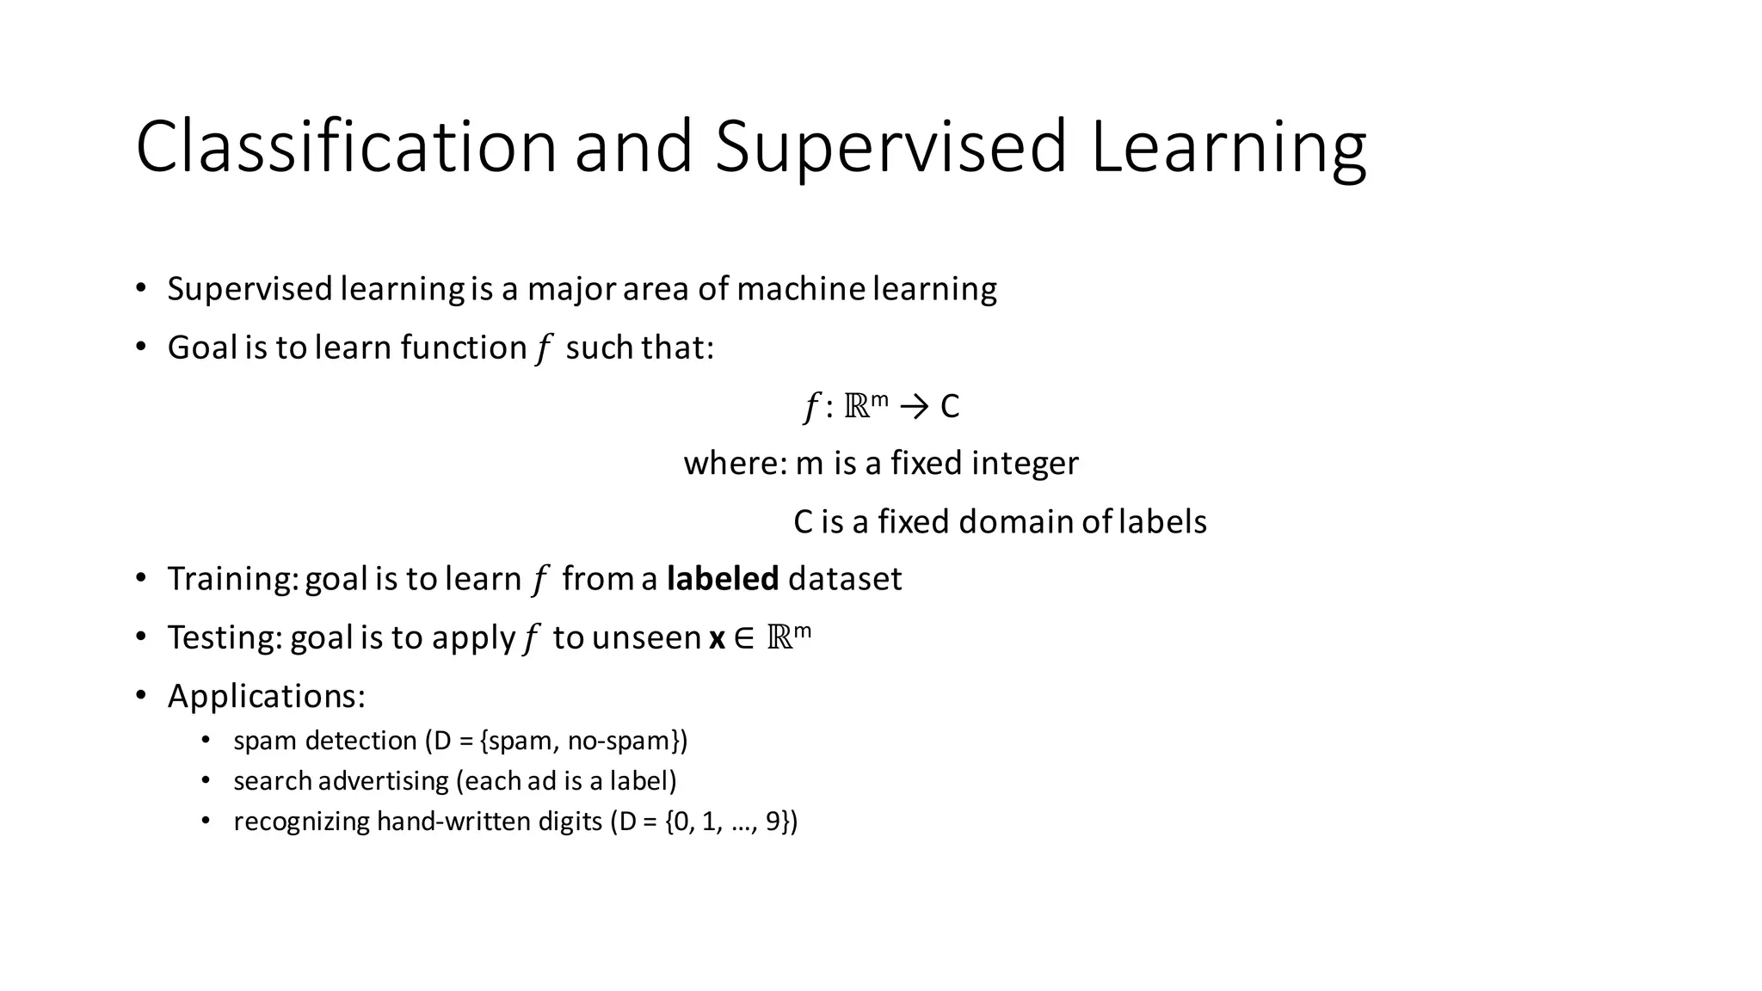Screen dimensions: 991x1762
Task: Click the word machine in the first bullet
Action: pos(800,289)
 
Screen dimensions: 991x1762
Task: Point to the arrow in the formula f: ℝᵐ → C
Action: pos(914,406)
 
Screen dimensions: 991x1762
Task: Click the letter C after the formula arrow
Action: pos(950,406)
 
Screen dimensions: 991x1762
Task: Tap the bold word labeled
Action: pos(723,579)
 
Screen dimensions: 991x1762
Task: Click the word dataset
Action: pos(845,579)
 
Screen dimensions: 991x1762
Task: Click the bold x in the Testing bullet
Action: pos(717,638)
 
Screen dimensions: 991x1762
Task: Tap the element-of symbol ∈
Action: pos(744,638)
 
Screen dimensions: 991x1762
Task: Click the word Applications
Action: pos(265,696)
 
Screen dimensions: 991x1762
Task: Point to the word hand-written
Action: pos(453,822)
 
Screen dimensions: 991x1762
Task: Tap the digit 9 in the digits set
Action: pos(772,822)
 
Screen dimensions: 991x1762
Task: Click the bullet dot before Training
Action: pos(141,578)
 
